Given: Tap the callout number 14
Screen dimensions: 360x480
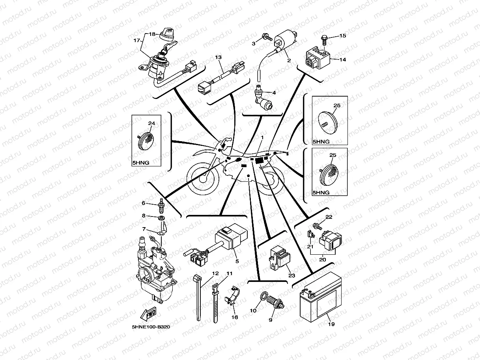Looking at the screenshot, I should (342, 60).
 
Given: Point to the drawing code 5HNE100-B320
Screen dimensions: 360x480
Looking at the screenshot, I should (151, 327).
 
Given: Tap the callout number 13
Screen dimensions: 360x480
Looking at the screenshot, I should (218, 58).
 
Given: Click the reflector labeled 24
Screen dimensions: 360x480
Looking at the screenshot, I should (146, 139).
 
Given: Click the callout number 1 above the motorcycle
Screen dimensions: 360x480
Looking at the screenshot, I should (261, 137).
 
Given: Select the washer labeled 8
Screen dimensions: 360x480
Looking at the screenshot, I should (161, 218).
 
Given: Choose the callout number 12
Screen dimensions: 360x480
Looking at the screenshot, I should (215, 273).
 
